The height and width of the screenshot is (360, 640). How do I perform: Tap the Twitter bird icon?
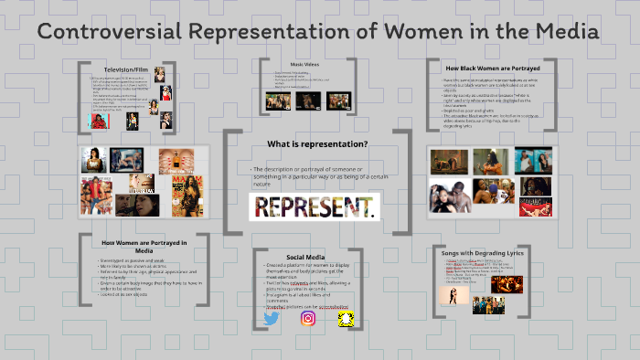(271, 319)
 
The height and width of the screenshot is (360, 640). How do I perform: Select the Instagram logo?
(308, 319)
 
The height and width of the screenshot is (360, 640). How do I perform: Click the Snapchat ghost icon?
(345, 319)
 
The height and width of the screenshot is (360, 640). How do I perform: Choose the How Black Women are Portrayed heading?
(492, 69)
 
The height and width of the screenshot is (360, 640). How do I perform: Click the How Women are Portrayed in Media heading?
(144, 245)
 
